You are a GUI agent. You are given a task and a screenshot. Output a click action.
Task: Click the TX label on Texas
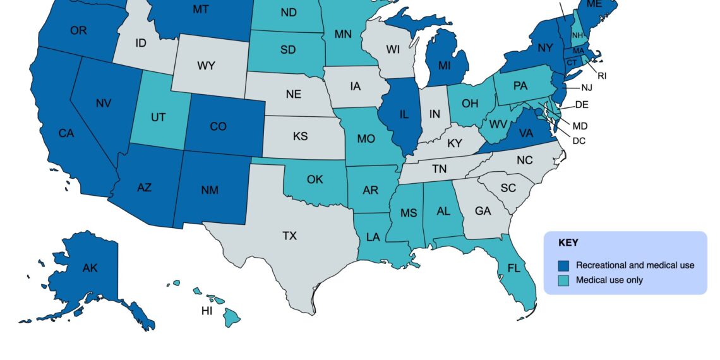coord(289,236)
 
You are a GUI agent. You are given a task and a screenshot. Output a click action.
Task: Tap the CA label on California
coord(66,133)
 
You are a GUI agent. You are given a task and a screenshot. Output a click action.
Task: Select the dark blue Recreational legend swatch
coord(564,265)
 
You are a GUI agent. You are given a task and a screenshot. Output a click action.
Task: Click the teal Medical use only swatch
coord(564,280)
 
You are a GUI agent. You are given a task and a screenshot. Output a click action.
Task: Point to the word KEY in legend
coord(568,242)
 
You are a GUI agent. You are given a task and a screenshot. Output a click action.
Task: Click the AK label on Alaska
coord(90,268)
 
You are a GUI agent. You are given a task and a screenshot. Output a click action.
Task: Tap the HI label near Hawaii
coord(207,311)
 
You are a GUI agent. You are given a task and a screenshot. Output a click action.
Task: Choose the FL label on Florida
coord(513,268)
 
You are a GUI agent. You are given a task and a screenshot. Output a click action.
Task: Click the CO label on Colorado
coord(218,126)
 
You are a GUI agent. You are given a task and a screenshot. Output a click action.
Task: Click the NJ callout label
coord(587,87)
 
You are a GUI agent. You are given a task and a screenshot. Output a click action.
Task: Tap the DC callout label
coord(579,140)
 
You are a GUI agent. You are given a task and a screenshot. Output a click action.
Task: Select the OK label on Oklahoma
coord(315,179)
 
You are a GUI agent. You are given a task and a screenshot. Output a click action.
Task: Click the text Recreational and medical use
coord(635,265)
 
